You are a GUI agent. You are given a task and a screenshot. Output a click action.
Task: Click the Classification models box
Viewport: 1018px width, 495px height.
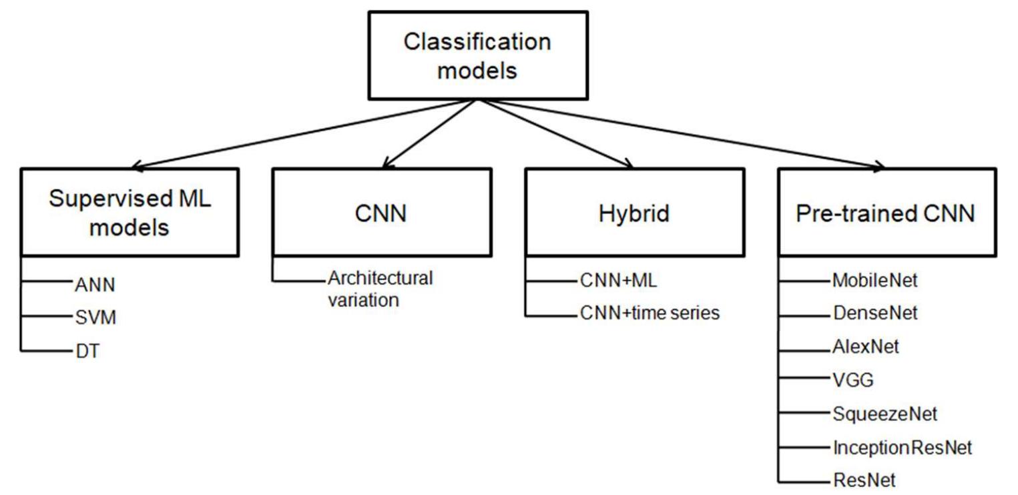[x=477, y=55]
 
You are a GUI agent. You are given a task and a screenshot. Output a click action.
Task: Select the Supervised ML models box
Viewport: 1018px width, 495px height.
[x=130, y=213]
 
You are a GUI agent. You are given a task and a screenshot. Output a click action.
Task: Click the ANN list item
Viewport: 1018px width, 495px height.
[x=95, y=285]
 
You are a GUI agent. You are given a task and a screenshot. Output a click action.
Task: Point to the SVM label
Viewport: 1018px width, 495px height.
[x=96, y=318]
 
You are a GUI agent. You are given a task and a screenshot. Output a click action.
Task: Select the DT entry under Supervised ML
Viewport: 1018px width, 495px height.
[x=87, y=352]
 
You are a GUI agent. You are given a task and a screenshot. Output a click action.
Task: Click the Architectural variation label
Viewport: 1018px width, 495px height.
[x=379, y=288]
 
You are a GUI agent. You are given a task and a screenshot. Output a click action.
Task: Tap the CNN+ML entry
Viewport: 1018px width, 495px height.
[x=619, y=281]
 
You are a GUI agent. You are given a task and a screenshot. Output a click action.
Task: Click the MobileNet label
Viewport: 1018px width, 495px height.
[x=874, y=281]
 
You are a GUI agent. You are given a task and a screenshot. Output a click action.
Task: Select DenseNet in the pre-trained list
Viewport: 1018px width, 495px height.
[x=874, y=313]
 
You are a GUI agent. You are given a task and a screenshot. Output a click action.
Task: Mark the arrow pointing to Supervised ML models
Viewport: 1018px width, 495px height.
[x=300, y=135]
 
